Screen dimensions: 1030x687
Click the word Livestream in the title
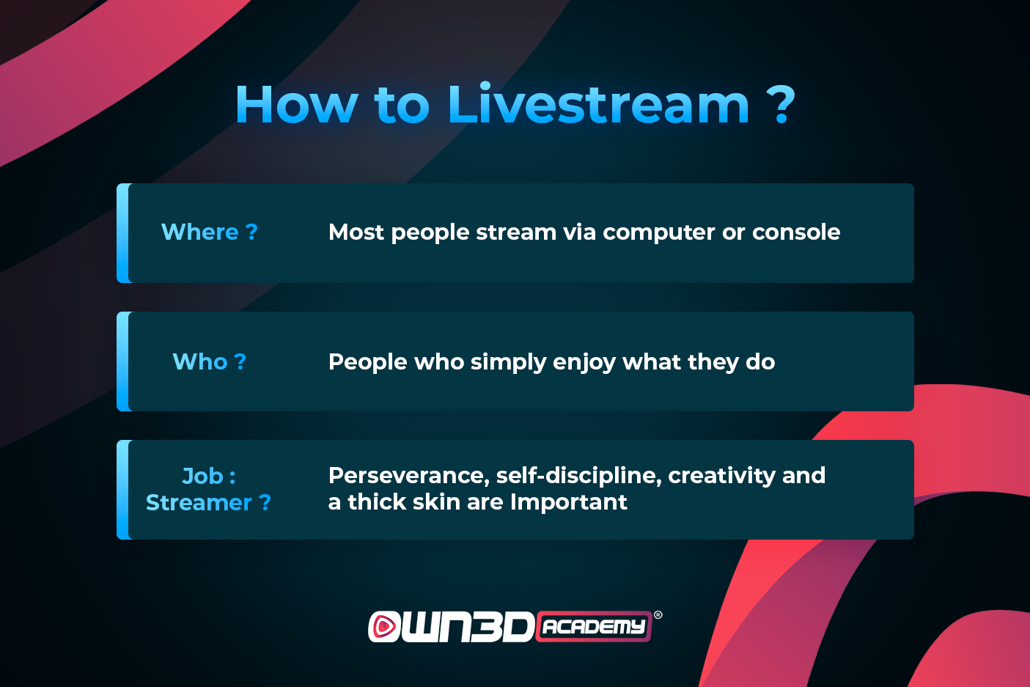(599, 104)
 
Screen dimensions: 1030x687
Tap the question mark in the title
(781, 104)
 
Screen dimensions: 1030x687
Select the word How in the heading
(297, 104)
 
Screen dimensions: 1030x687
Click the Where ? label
(209, 232)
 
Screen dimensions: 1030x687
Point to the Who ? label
(209, 361)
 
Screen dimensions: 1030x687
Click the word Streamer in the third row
(199, 502)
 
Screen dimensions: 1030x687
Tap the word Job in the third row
(203, 476)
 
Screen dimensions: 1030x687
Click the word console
(796, 232)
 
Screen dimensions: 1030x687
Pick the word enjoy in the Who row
(584, 363)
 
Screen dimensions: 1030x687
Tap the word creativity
(721, 476)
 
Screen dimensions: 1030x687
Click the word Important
(568, 502)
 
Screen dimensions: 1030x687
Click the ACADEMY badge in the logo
(594, 626)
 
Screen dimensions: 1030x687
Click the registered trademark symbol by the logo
(658, 615)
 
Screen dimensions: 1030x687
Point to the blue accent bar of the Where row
(123, 232)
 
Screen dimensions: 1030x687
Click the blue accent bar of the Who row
(123, 361)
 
